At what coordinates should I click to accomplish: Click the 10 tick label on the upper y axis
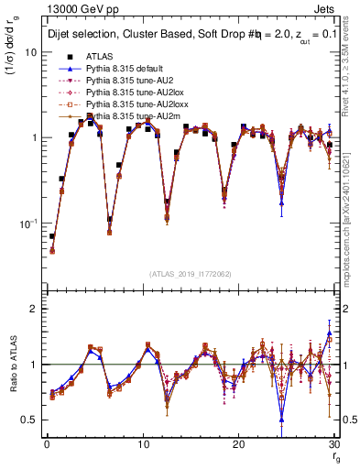pyautogui.click(x=30, y=52)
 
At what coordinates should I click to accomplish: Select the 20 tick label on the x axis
pyautogui.click(x=238, y=444)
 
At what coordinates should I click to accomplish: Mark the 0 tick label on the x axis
pyautogui.click(x=46, y=444)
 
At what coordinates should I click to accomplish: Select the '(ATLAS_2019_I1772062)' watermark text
pyautogui.click(x=191, y=273)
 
